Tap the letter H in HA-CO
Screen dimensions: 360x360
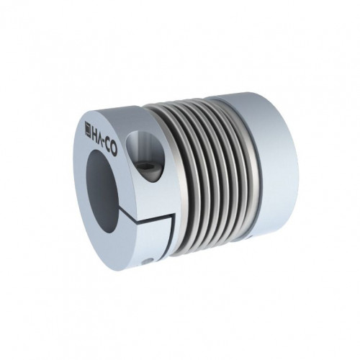pyautogui.click(x=95, y=132)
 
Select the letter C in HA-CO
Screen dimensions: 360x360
pyautogui.click(x=109, y=147)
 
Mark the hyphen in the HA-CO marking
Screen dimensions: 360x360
pyautogui.click(x=106, y=142)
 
